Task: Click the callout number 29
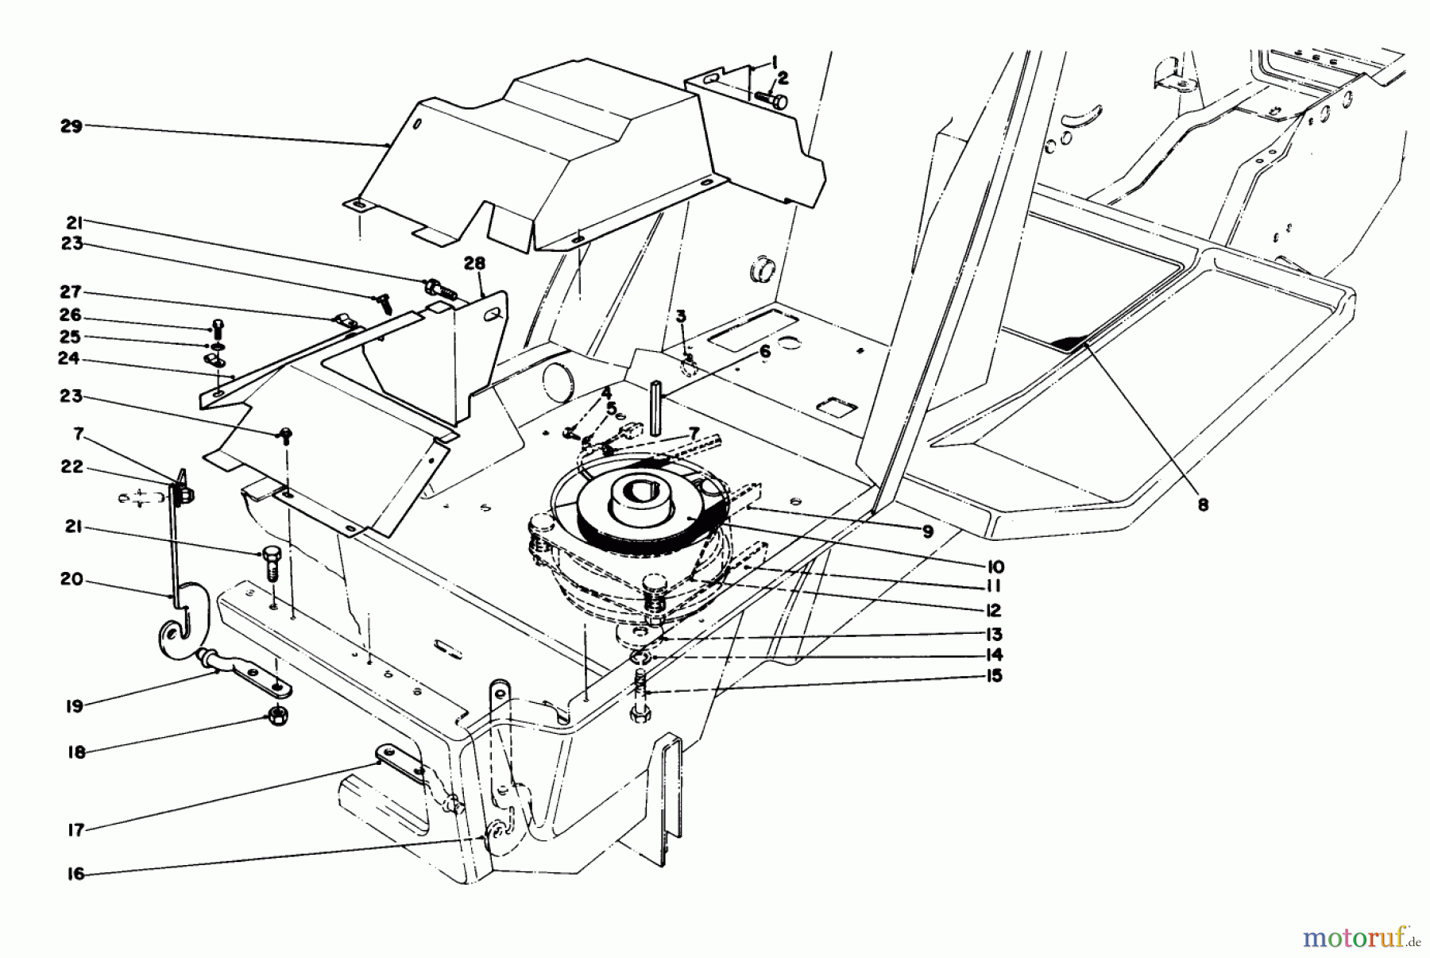click(71, 126)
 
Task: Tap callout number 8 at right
click(1203, 504)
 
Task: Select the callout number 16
click(76, 874)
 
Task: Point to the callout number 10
click(995, 566)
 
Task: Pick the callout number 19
click(74, 705)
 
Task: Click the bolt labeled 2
click(768, 99)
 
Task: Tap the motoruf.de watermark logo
click(1360, 937)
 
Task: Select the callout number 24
click(69, 358)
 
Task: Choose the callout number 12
click(993, 610)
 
